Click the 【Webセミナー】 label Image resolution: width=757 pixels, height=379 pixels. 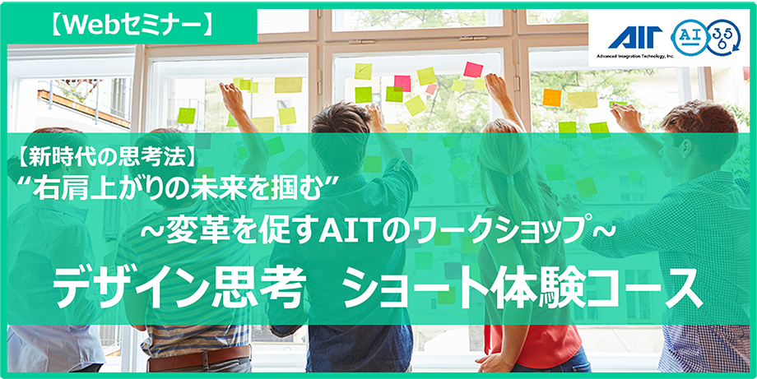[x=130, y=25]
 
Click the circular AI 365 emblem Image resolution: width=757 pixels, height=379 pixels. [x=705, y=37]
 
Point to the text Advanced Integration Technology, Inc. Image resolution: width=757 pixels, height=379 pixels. [x=635, y=57]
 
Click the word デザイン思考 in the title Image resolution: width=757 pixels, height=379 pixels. [x=179, y=289]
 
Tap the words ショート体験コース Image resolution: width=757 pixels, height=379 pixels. [x=523, y=289]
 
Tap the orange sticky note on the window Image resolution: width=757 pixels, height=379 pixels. [x=552, y=97]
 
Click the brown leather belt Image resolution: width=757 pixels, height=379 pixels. [x=199, y=358]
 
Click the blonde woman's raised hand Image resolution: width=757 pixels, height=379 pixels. [x=494, y=85]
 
